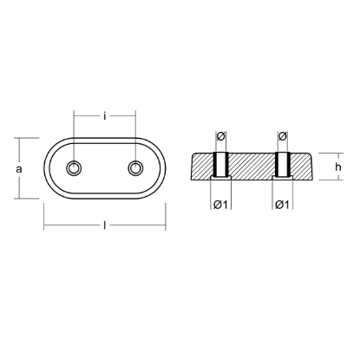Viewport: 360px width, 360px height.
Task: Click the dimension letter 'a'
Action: tap(19, 169)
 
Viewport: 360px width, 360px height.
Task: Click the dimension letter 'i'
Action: tap(105, 116)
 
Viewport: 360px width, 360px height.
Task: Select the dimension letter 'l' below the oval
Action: tap(104, 225)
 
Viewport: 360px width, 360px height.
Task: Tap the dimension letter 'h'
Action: tap(337, 167)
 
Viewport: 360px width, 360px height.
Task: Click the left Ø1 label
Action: tap(220, 205)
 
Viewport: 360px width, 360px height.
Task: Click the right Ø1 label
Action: tap(282, 205)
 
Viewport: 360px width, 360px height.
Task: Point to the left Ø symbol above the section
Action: tap(220, 136)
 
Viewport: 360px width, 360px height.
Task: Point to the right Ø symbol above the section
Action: tap(282, 136)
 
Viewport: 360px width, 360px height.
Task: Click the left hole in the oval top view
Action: tap(74, 168)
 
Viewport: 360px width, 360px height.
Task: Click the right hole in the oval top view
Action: tap(135, 168)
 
